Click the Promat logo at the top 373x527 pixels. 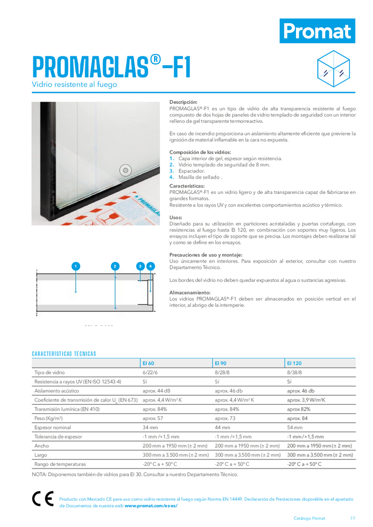[x=317, y=31]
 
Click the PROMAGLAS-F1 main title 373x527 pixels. [x=112, y=67]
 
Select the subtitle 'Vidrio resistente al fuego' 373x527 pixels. [x=74, y=84]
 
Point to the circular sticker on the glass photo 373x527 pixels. [x=125, y=170]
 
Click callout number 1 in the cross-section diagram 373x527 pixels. [x=76, y=267]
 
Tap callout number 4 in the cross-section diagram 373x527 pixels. [x=151, y=267]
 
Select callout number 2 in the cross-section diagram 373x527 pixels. [x=114, y=267]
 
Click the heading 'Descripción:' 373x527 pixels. [x=183, y=102]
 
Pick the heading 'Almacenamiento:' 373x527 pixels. [x=190, y=292]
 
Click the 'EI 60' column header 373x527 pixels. [x=148, y=364]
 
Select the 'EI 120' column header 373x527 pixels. [x=294, y=364]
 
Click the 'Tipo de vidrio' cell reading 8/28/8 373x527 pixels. [x=222, y=373]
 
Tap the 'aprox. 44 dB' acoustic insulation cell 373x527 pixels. [x=156, y=391]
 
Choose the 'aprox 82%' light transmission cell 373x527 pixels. [x=299, y=409]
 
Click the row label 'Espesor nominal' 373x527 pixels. [x=52, y=427]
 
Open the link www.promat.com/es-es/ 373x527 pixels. [x=151, y=505]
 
